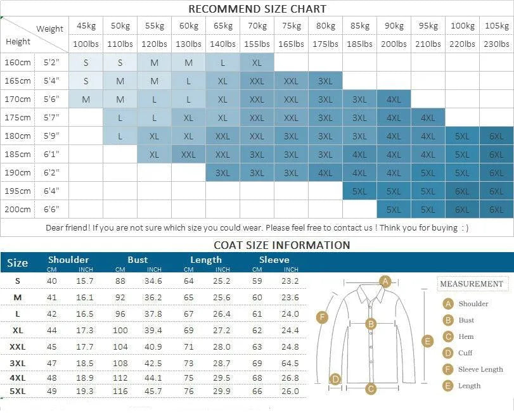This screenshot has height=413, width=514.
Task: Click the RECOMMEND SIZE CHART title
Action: [x=257, y=9]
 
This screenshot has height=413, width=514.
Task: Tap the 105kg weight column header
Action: [x=496, y=26]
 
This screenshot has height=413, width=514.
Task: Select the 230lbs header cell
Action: [x=496, y=44]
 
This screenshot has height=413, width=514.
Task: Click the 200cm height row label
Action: [x=18, y=209]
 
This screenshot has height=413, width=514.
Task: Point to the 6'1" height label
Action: [x=51, y=154]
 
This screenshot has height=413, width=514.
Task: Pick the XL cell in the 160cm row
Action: [x=257, y=63]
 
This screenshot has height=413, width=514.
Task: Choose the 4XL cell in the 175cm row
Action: [x=428, y=117]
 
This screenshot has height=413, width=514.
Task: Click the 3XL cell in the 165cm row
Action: [x=325, y=81]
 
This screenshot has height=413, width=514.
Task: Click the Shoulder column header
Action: [x=68, y=260]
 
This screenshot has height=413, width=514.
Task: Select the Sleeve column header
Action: [x=274, y=260]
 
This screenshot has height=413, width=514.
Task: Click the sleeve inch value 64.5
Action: [x=290, y=363]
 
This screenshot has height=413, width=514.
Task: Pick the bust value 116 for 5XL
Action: [x=120, y=391]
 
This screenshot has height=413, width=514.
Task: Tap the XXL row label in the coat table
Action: [x=18, y=346]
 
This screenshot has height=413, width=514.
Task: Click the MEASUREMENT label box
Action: [x=471, y=284]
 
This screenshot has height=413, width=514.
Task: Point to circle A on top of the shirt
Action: [x=385, y=281]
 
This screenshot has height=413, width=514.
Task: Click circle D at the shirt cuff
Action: [x=336, y=379]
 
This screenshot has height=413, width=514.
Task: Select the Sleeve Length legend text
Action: [x=480, y=369]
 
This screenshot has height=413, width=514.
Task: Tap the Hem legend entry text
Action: [x=466, y=336]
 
